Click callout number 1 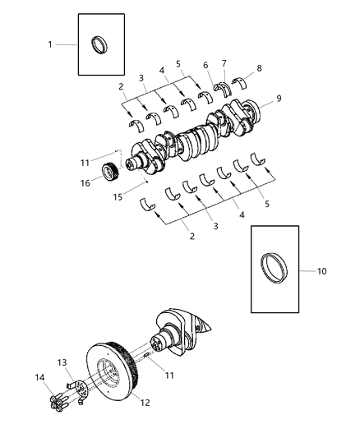50,44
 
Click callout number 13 62,362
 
